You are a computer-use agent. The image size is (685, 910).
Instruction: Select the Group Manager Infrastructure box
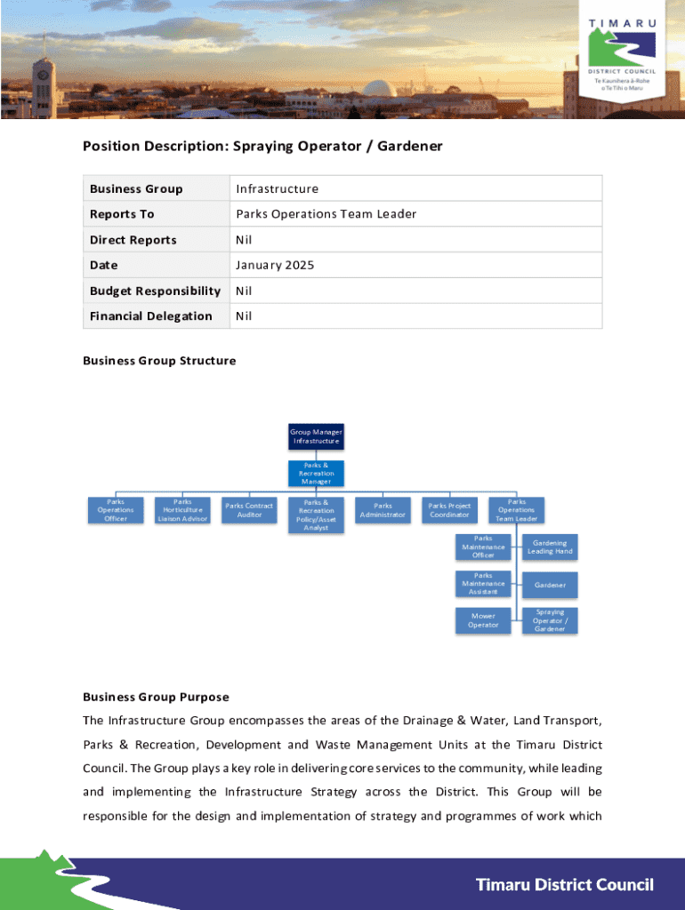point(316,436)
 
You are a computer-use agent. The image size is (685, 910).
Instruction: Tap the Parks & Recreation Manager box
point(316,474)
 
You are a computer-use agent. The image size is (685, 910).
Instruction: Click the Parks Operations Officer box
point(116,510)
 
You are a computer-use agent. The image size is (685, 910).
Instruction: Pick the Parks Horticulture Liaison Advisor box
point(182,510)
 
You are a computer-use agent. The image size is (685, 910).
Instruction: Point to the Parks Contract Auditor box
point(249,510)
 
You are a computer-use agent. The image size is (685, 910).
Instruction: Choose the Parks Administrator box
point(383,510)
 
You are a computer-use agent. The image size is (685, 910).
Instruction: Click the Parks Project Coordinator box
point(449,510)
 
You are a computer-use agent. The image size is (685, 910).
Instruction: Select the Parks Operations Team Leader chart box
point(517,510)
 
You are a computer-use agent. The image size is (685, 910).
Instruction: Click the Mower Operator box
point(483,620)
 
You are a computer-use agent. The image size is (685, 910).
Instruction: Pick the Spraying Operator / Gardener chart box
point(550,620)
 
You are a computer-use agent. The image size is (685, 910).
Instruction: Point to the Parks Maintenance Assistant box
point(483,584)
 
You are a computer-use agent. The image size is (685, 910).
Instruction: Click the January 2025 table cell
point(275,265)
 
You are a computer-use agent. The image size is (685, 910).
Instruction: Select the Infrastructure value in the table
point(278,188)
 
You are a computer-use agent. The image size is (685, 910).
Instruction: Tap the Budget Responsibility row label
point(155,291)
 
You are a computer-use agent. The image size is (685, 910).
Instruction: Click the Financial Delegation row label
point(151,315)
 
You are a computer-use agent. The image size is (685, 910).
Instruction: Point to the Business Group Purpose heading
point(156,697)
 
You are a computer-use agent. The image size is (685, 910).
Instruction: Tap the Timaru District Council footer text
point(565,884)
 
